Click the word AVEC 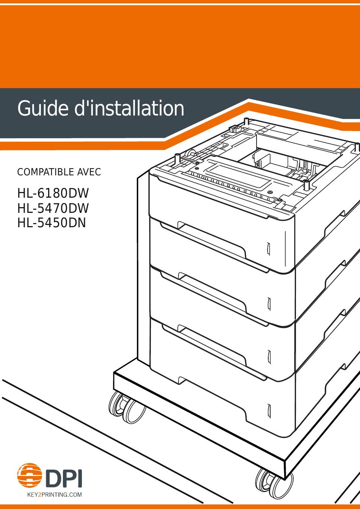click(89, 172)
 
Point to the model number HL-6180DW click(53, 194)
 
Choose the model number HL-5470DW click(53, 208)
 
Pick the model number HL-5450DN click(52, 223)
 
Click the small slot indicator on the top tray click(268, 249)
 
